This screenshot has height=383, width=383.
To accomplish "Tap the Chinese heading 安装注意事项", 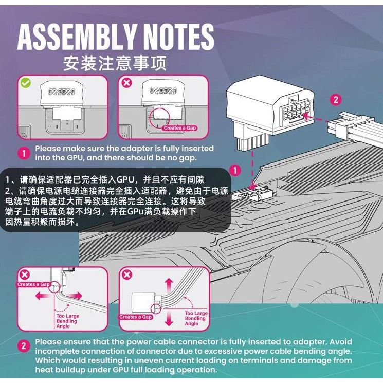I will click(115, 63).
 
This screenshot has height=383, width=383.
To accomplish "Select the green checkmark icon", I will click(26, 82).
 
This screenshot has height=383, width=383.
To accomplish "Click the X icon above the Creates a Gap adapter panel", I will click(126, 82).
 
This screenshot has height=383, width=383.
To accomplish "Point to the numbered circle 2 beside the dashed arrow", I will click(336, 100).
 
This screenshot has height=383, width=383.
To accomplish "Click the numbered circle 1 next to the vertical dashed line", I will click(234, 171).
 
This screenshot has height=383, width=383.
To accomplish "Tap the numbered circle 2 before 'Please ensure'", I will click(24, 346).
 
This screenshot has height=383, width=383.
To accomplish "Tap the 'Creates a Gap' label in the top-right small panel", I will click(179, 127).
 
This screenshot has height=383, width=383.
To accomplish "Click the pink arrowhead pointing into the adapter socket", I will click(307, 116).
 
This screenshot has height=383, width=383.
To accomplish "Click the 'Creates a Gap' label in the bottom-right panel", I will click(136, 317).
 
